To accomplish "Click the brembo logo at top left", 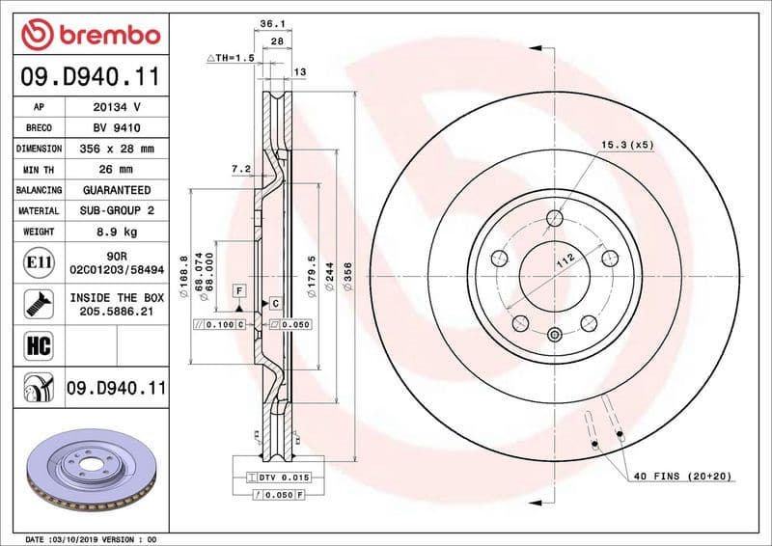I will coord(90,36).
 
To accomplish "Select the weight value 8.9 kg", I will coord(116,232).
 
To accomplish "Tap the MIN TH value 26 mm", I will coord(116,170).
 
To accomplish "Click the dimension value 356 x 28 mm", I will coord(116,149).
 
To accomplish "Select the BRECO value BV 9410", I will coord(116,127).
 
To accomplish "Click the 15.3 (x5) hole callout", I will coord(627,145).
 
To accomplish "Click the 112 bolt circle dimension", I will coord(565,259).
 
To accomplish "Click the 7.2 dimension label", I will coord(240,169).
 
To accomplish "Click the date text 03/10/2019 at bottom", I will coord(83,538).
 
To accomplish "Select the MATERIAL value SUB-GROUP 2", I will coord(116,210).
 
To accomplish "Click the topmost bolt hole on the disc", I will coord(554,217).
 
